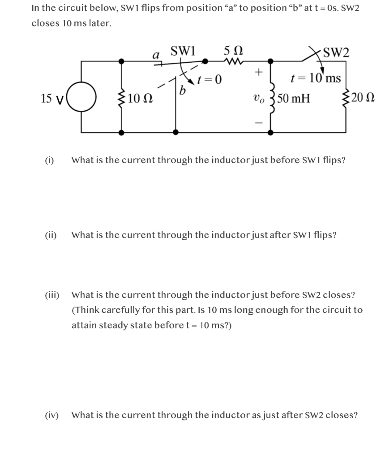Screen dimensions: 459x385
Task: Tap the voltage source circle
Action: coord(81,97)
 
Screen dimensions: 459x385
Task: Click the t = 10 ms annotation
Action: coord(315,78)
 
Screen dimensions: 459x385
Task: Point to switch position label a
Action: coord(156,55)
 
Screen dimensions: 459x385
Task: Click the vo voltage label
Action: coord(259,98)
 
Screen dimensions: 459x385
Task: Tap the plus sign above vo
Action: coord(258,72)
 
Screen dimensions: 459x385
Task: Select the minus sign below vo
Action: coord(258,122)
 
